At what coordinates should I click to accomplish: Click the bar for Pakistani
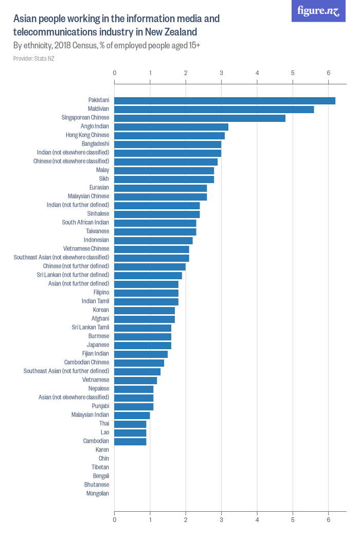click(x=225, y=101)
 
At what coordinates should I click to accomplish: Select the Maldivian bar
click(x=214, y=110)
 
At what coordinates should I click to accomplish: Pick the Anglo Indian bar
click(x=171, y=127)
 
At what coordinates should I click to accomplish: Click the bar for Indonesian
click(x=153, y=240)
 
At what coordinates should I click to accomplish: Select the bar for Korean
click(x=145, y=311)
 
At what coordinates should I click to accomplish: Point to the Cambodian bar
click(x=130, y=441)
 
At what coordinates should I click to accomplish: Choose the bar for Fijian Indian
click(x=141, y=354)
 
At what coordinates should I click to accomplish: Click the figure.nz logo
click(x=319, y=11)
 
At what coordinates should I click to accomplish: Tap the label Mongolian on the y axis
click(x=98, y=494)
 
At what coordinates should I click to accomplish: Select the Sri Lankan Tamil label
click(x=91, y=328)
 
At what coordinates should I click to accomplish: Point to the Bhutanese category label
click(x=97, y=485)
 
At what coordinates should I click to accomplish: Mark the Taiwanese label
click(x=97, y=231)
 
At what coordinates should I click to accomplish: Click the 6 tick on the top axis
click(x=328, y=73)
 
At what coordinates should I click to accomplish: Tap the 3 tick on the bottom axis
click(x=221, y=520)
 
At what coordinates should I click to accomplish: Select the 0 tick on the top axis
click(x=114, y=73)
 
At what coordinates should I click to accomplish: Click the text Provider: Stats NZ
click(x=34, y=59)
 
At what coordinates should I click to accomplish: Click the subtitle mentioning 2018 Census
click(x=106, y=46)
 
